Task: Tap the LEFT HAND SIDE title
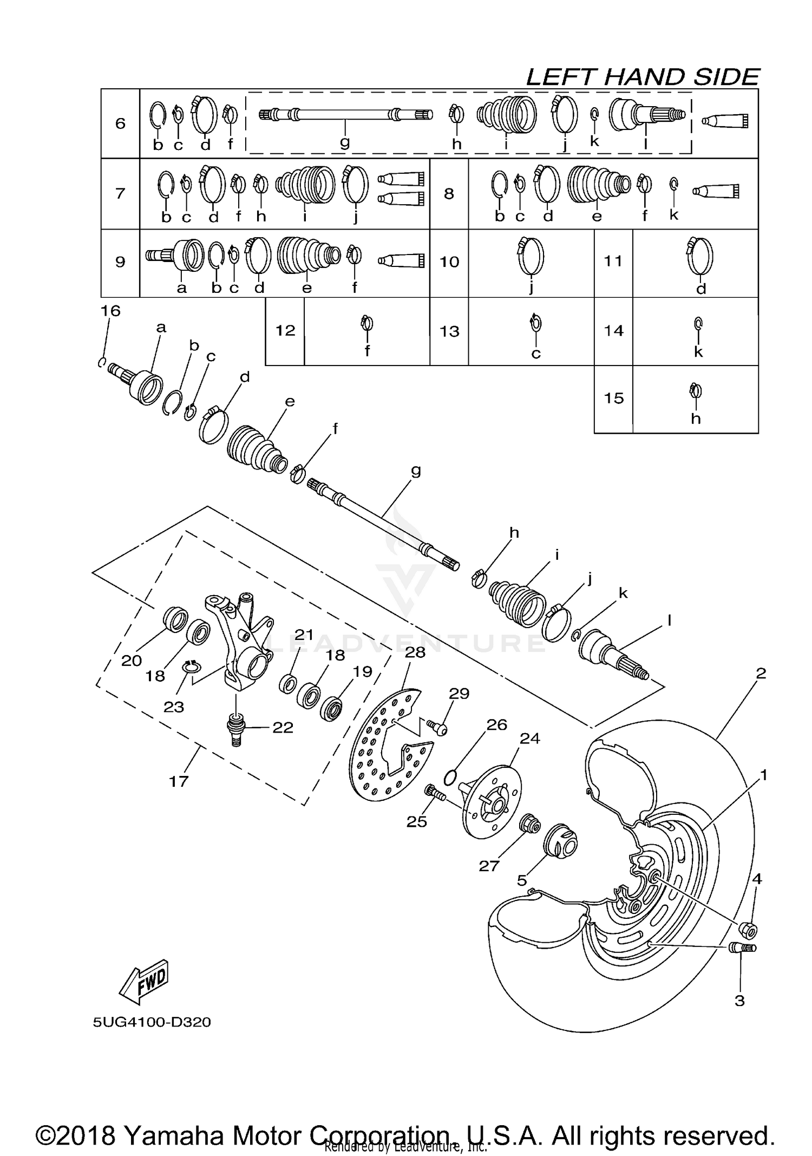tap(643, 77)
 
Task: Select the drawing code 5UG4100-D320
tap(152, 1022)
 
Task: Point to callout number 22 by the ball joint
tap(283, 727)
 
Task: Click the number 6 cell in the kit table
tap(120, 123)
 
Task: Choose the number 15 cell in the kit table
tap(613, 399)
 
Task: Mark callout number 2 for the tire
tap(761, 674)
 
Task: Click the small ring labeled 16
tap(101, 362)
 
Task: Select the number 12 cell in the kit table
tap(285, 330)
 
